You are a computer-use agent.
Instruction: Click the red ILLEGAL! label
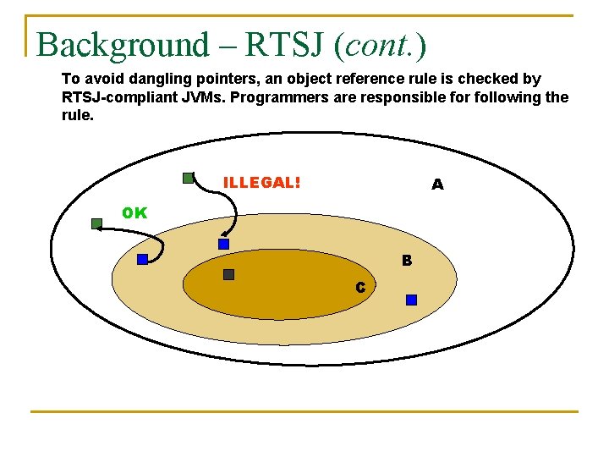[x=261, y=183]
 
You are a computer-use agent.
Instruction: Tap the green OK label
[x=134, y=213]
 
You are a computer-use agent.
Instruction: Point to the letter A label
[x=436, y=184]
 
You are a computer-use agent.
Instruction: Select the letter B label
[x=407, y=261]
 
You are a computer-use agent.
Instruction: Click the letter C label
[x=360, y=288]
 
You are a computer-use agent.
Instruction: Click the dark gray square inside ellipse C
[x=228, y=274]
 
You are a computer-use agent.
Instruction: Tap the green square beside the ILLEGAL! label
[x=188, y=178]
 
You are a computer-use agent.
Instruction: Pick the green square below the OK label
[x=96, y=224]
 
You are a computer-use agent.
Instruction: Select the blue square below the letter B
[x=411, y=300]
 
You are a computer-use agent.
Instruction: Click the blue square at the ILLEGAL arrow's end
[x=223, y=244]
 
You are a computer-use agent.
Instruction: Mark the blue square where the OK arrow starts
[x=142, y=259]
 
